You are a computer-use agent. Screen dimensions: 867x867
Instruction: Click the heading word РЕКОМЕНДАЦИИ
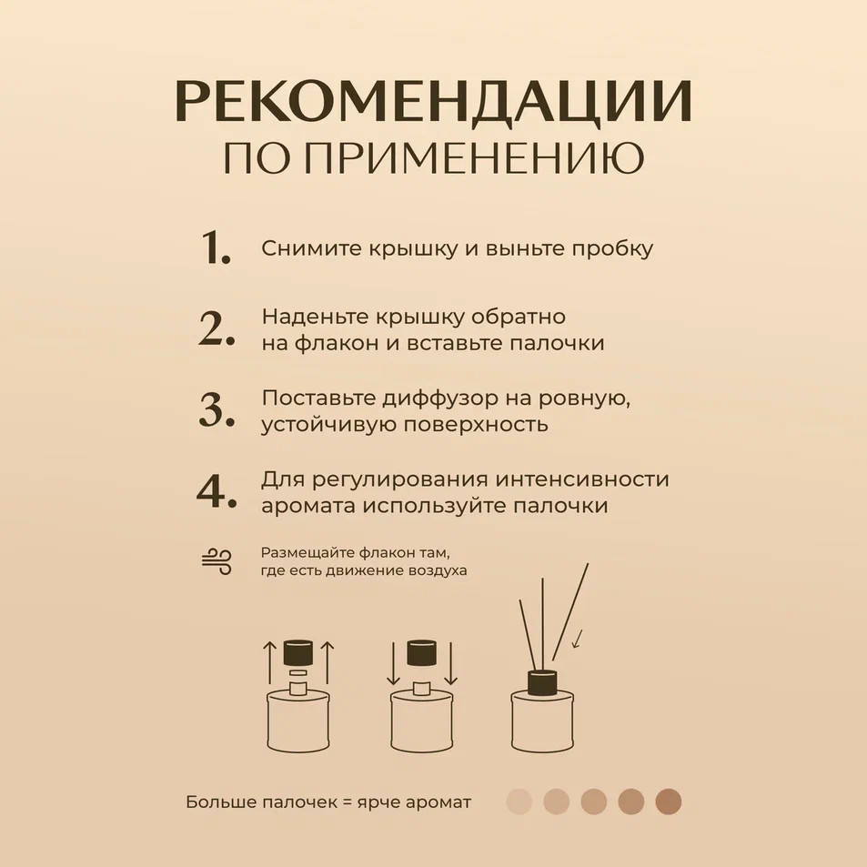pos(433,101)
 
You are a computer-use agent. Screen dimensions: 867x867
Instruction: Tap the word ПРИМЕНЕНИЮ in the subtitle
pos(474,157)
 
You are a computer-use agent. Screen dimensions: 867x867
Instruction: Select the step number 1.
pos(216,247)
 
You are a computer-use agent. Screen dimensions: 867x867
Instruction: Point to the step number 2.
pos(217,328)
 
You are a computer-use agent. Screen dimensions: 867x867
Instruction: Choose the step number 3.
pos(217,409)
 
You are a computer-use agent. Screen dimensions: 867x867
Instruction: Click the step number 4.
pos(217,491)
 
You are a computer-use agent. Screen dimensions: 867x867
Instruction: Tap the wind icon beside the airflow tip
pos(217,562)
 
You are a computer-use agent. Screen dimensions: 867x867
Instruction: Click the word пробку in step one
pos(612,249)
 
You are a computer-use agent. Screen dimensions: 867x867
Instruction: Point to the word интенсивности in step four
pos(582,479)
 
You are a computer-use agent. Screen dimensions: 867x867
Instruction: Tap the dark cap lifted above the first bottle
pos(298,653)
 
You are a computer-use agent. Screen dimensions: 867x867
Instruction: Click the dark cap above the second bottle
pos(422,653)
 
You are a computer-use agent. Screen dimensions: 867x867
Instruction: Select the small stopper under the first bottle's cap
pos(298,673)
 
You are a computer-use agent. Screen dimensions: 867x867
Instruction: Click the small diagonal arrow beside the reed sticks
pos(578,639)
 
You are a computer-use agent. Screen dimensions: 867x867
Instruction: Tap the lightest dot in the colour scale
pos(519,801)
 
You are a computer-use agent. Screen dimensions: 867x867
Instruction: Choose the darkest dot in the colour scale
pos(669,801)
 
